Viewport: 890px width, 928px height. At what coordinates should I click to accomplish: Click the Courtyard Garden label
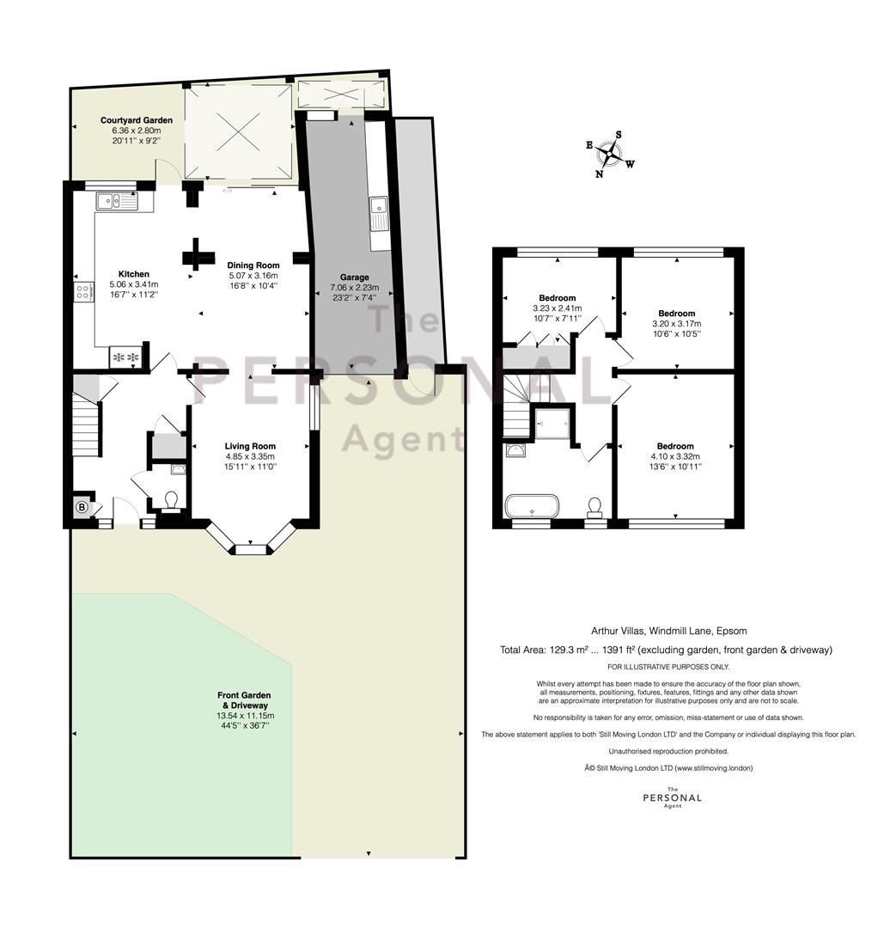(136, 120)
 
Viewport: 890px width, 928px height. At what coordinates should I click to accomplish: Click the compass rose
(609, 154)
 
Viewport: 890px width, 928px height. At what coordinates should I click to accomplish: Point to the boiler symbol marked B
(82, 507)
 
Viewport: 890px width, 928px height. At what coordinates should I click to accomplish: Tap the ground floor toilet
(172, 501)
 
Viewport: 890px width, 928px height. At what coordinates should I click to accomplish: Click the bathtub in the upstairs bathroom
(532, 506)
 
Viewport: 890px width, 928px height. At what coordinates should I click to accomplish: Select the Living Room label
(250, 446)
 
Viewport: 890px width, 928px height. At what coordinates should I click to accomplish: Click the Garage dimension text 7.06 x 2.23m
(354, 288)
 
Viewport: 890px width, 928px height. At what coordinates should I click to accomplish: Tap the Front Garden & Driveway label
(244, 700)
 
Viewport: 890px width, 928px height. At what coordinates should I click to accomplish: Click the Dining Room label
(253, 266)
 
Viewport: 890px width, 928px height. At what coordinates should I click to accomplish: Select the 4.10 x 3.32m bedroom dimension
(675, 456)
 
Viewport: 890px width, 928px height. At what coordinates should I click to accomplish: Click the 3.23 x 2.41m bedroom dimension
(558, 308)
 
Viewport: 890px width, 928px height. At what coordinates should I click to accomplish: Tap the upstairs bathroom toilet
(594, 507)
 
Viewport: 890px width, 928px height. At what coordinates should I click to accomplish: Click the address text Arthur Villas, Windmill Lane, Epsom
(669, 631)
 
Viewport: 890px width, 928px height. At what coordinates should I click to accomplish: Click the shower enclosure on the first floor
(552, 423)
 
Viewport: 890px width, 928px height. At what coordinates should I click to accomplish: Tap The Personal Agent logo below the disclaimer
(673, 797)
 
